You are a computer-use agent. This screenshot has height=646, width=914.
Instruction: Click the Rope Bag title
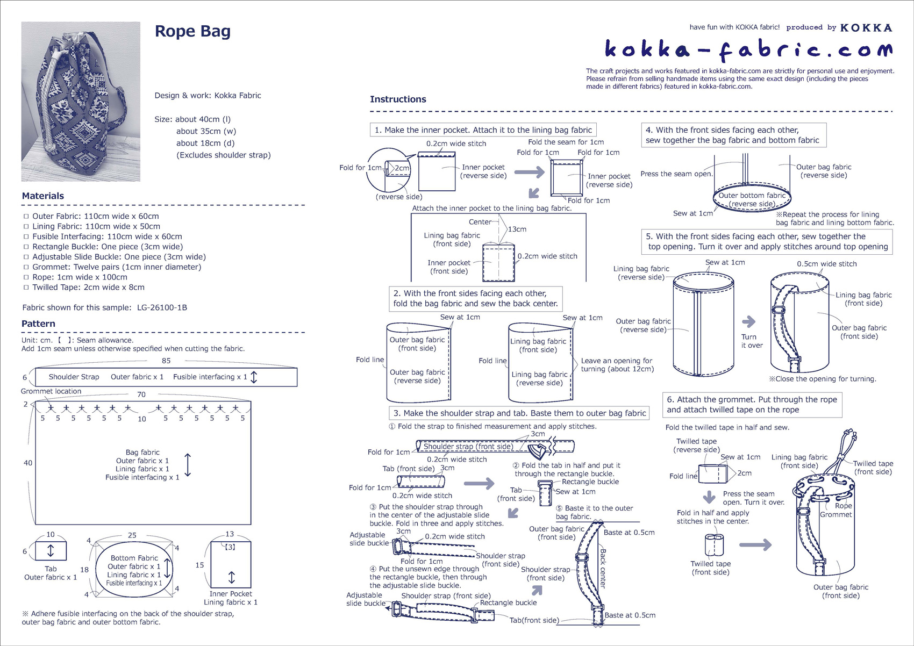(192, 31)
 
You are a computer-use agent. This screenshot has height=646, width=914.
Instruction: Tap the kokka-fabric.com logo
(748, 50)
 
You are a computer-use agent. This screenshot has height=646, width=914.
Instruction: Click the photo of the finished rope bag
(81, 102)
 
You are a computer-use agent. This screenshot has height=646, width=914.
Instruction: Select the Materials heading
(43, 196)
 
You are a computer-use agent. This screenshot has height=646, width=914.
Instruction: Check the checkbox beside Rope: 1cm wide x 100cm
(26, 278)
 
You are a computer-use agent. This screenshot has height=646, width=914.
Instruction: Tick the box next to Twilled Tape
(26, 288)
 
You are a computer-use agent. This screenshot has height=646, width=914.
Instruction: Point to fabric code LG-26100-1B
(162, 308)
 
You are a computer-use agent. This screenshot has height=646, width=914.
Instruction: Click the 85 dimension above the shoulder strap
(166, 361)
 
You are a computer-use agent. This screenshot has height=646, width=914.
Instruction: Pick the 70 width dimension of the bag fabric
(141, 394)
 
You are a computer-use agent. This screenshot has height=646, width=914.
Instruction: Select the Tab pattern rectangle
(51, 551)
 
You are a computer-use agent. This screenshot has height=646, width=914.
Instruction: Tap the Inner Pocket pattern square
(231, 564)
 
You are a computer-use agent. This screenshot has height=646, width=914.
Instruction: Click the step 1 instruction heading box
(483, 130)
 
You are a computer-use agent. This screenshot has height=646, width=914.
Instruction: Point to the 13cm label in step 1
(517, 229)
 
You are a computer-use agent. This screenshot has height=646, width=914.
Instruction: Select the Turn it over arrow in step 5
(749, 322)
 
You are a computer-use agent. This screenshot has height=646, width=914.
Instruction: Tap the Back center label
(603, 569)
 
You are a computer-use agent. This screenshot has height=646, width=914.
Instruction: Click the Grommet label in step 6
(836, 515)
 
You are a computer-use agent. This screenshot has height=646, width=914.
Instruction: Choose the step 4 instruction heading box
(733, 135)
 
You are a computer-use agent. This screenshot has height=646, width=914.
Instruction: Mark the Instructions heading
(398, 99)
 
